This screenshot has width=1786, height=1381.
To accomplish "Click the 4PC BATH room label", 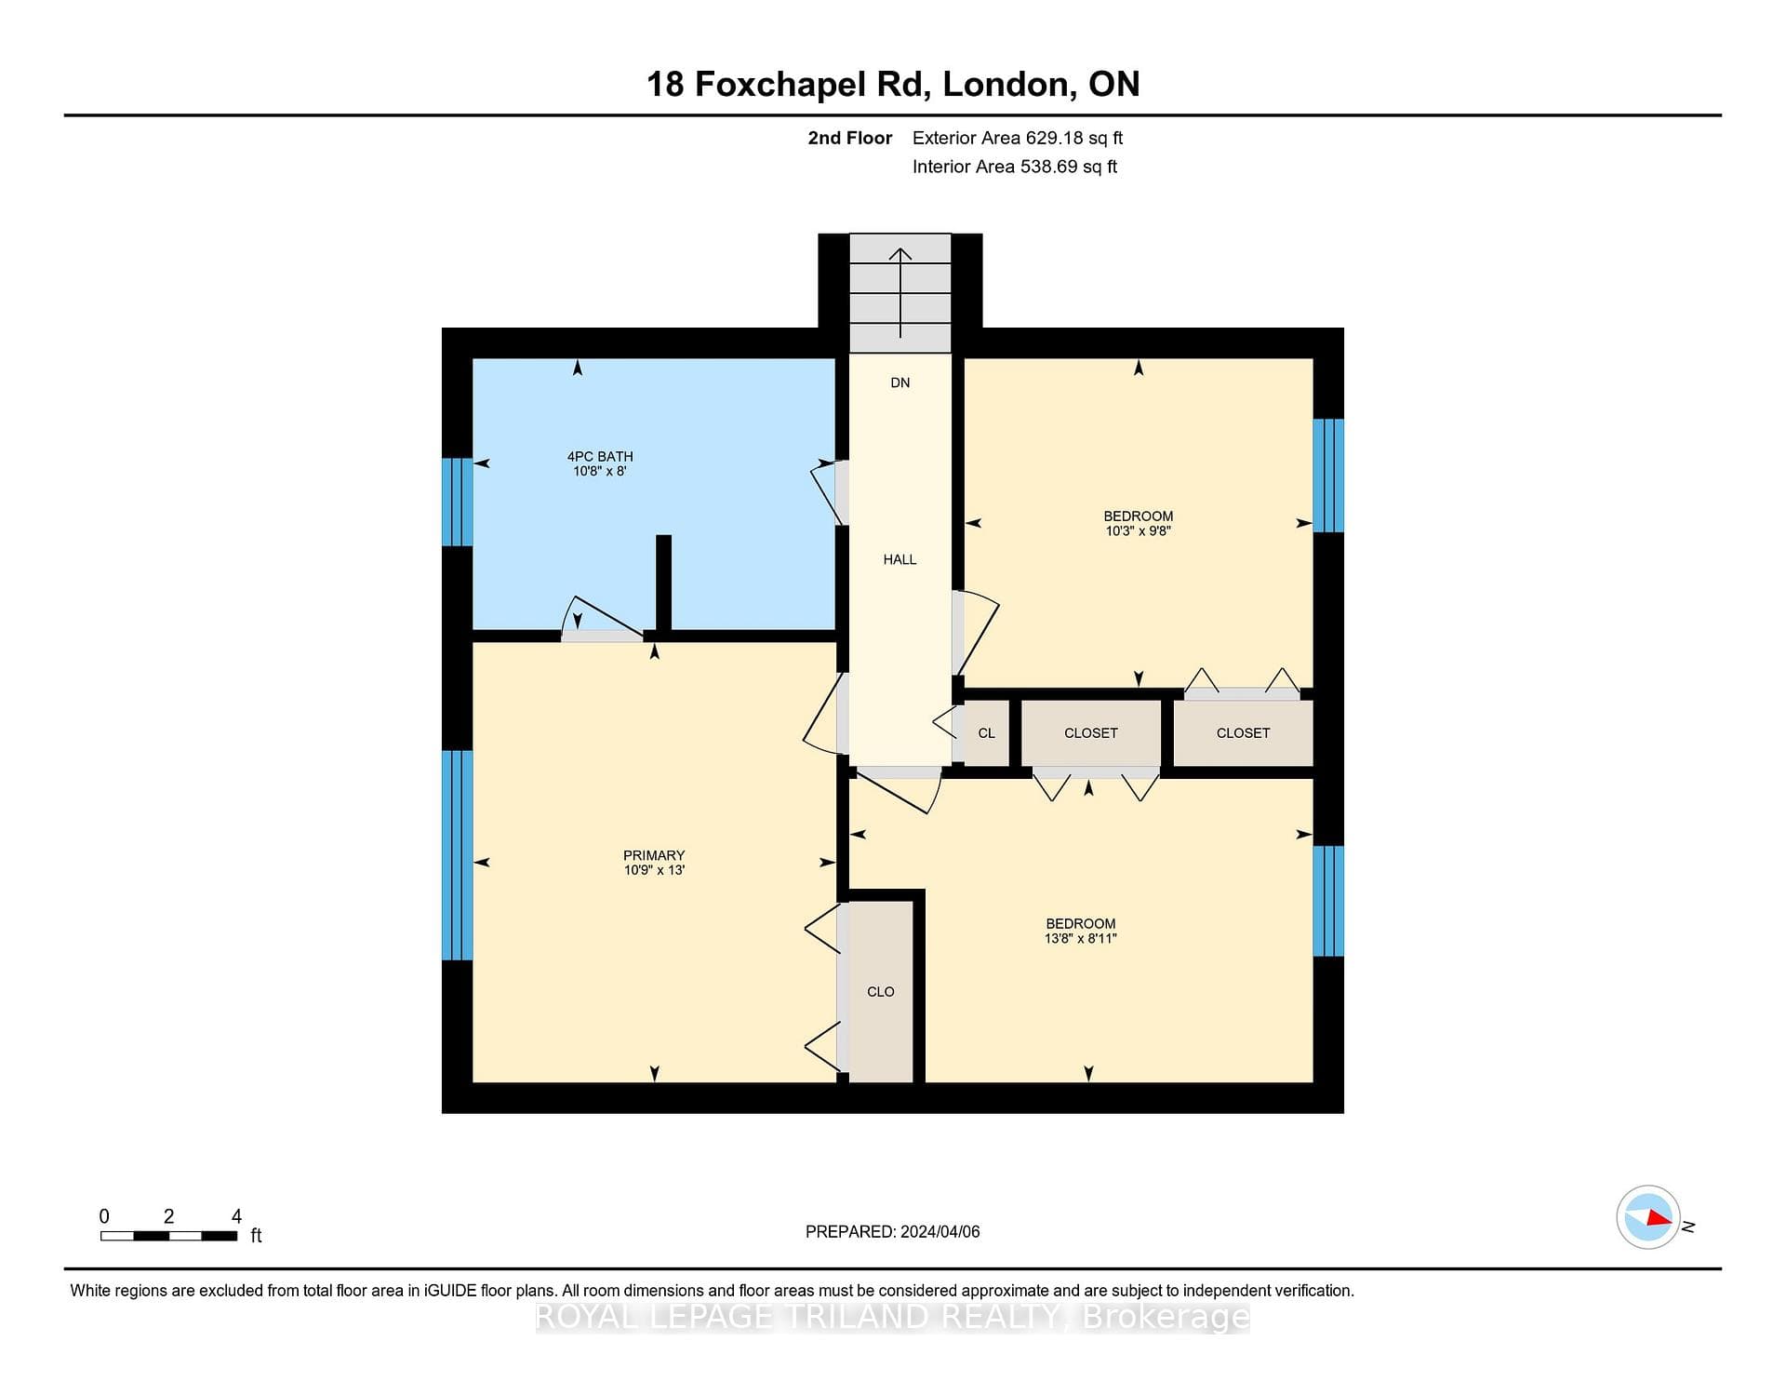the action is pos(600,457).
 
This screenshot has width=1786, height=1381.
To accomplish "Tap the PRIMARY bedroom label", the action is pos(654,855).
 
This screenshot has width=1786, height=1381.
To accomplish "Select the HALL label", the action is pos(900,559).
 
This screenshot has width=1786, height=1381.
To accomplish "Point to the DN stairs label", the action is pos(900,382).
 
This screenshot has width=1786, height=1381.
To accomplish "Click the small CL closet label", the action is pos(987,733).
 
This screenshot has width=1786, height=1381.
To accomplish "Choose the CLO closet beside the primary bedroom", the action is pos(881,992).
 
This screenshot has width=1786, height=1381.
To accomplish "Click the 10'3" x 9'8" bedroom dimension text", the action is pos(1138,531).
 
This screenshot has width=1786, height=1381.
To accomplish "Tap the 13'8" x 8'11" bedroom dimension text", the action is pos(1081,939).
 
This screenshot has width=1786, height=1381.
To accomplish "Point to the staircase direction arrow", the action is pos(900,292).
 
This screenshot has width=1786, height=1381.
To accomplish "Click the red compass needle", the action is pos(1658,1217).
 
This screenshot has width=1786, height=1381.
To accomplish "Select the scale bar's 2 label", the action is pos(168,1216).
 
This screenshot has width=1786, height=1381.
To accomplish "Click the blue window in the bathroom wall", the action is pos(457,502).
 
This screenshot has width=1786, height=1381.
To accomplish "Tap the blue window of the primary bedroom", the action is pos(457,855).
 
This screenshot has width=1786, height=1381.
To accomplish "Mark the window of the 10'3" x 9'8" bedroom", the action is pos(1328,476).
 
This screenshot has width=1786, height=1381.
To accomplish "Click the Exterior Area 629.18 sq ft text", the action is pos(1018,138).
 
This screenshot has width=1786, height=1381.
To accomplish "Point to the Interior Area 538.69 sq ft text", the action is pos(1015,167).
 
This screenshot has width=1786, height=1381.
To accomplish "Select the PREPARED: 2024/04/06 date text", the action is pos(893,1231).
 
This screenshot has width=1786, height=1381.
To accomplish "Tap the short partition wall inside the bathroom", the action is pos(663,583).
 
